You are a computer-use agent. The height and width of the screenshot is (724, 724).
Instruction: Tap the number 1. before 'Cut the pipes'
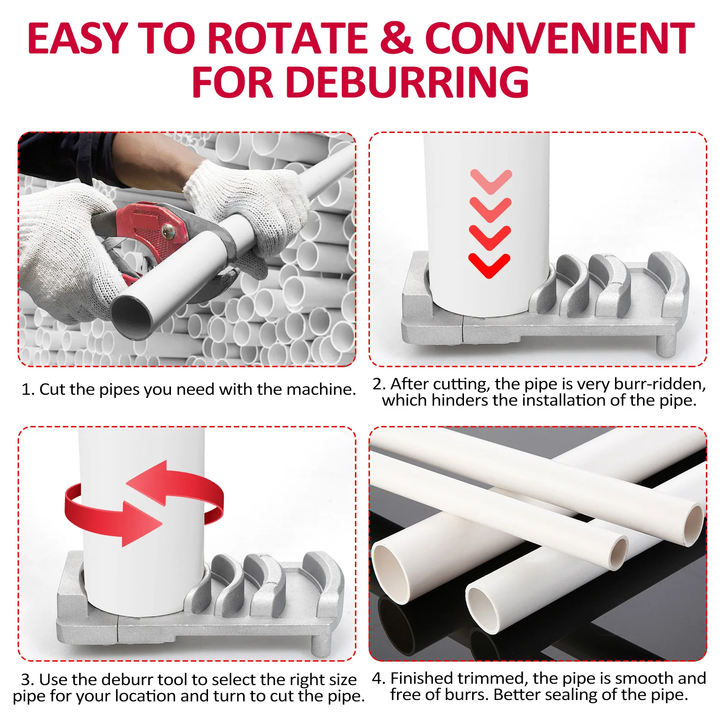(x=28, y=389)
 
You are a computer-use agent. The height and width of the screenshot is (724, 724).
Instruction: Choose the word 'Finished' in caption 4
(x=421, y=678)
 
